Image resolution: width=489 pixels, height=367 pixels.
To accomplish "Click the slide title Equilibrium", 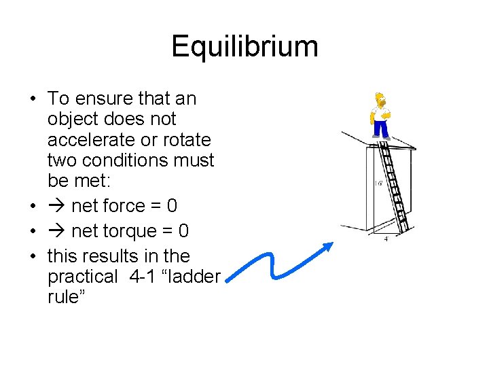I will pyautogui.click(x=244, y=47).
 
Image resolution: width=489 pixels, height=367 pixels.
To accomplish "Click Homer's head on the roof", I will pyautogui.click(x=380, y=100).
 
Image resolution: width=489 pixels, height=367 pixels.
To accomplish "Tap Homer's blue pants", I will pyautogui.click(x=380, y=128).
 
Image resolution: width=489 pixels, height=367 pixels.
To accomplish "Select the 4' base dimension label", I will pyautogui.click(x=386, y=239).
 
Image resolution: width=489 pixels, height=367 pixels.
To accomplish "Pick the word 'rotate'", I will pyautogui.click(x=188, y=140).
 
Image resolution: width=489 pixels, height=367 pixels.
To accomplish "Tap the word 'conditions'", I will pyautogui.click(x=125, y=161).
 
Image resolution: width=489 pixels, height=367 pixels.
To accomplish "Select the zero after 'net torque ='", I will pyautogui.click(x=183, y=231).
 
